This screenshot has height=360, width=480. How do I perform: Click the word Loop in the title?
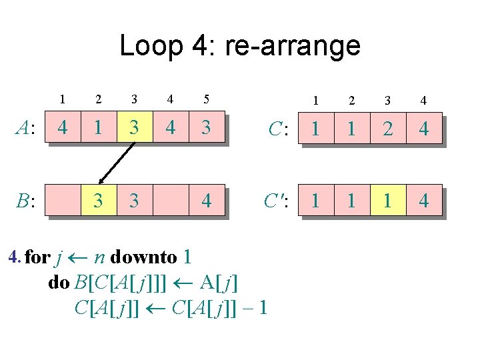click(x=150, y=45)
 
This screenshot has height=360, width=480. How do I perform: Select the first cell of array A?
click(x=62, y=127)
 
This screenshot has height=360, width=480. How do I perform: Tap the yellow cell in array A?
click(x=134, y=127)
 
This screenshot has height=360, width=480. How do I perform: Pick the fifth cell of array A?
click(x=206, y=127)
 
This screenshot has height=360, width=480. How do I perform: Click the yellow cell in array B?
click(x=98, y=200)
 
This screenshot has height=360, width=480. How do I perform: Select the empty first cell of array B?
click(x=62, y=200)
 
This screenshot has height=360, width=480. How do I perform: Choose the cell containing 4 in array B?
click(x=206, y=200)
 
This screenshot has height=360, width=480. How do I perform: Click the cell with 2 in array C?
click(x=387, y=128)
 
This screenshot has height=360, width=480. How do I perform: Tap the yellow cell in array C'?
click(x=387, y=200)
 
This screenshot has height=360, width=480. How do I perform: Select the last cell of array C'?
click(x=423, y=200)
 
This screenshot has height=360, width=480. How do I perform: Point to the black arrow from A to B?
click(x=117, y=163)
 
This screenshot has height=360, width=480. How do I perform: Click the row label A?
click(x=26, y=128)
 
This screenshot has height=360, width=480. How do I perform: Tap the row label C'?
click(x=274, y=201)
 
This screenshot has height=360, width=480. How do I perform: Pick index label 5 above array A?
click(x=206, y=99)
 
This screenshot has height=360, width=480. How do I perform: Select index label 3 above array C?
click(x=387, y=101)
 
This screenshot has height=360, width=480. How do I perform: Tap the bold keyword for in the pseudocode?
click(x=37, y=257)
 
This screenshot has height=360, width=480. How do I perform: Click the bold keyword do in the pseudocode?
click(x=59, y=283)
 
